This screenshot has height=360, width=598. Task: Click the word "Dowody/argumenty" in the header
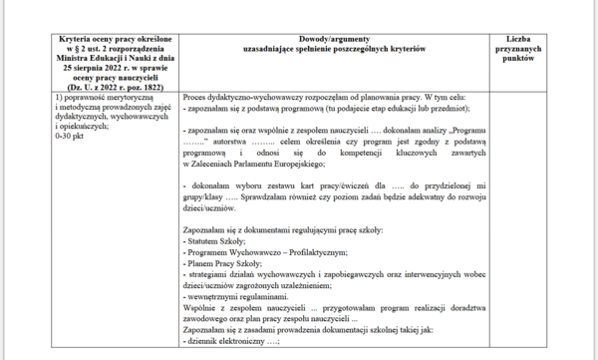tap(334, 38)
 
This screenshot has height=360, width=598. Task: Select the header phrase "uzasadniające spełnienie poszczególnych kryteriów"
tap(333, 48)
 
